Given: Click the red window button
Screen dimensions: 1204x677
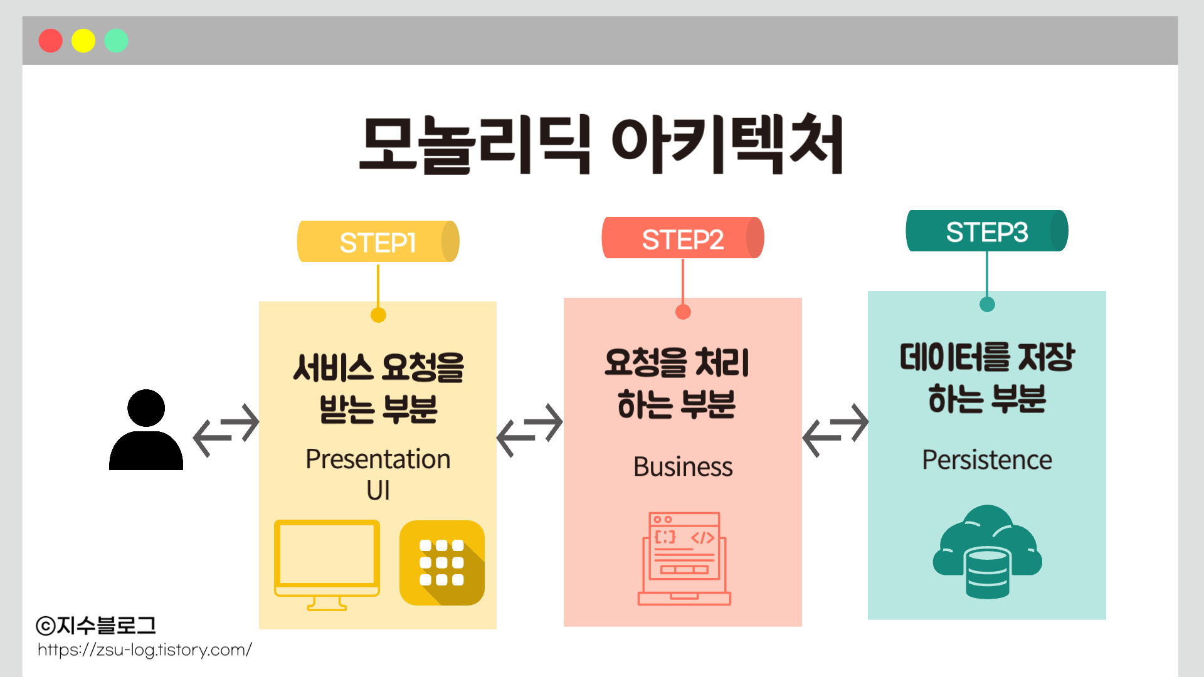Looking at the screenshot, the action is tap(50, 41).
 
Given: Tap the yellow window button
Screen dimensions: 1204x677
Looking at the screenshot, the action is tap(83, 41).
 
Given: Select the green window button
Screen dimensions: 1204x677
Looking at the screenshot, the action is tap(116, 41).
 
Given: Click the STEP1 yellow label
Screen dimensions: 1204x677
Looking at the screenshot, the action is tap(378, 241).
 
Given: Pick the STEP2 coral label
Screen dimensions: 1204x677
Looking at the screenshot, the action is tap(682, 238).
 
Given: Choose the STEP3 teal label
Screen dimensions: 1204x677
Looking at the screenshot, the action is tap(986, 231).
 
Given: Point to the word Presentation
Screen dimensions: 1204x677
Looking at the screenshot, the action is tap(378, 459).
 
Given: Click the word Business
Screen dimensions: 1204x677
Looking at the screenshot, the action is tap(683, 467).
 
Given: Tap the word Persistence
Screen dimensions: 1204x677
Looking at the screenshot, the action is tap(986, 460).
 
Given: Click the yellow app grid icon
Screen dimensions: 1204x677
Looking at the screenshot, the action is tap(442, 563).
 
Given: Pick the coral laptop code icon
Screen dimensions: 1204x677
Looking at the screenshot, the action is tap(684, 559).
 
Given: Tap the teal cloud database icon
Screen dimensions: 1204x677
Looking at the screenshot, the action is tap(987, 552).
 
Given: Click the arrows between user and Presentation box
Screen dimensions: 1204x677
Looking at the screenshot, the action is tap(226, 430).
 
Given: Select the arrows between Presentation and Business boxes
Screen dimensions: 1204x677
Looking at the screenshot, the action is tap(530, 430).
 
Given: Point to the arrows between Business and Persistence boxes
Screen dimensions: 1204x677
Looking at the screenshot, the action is tap(835, 430).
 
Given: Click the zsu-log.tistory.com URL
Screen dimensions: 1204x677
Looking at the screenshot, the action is tap(144, 650).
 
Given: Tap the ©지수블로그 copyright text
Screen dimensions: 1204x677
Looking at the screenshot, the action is tap(96, 625).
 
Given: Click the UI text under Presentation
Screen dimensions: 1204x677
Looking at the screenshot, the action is tap(378, 490).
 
